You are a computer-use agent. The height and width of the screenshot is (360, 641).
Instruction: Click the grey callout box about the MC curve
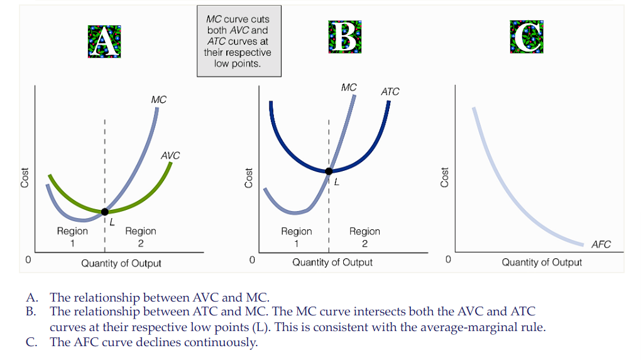(238, 41)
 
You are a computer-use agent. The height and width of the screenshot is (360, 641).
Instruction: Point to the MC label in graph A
(159, 100)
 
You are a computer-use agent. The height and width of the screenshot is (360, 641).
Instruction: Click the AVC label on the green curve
(170, 155)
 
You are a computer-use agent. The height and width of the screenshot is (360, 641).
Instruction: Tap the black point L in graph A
(105, 212)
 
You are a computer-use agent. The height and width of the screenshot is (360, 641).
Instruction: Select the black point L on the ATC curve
(329, 171)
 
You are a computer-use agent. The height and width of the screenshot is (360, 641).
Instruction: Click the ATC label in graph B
(390, 92)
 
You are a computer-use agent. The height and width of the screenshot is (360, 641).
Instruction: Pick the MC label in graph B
(349, 87)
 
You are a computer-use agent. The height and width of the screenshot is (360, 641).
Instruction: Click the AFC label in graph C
(601, 244)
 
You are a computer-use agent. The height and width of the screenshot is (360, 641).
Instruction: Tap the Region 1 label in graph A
(72, 237)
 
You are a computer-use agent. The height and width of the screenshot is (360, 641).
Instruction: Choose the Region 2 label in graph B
(364, 237)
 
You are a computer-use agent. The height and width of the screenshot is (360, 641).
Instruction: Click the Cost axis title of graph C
(445, 177)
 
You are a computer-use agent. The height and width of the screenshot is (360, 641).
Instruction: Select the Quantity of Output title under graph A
(121, 263)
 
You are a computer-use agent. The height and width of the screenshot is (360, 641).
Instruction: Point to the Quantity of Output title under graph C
(541, 262)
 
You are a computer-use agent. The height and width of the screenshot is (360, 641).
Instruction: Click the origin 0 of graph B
(252, 259)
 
